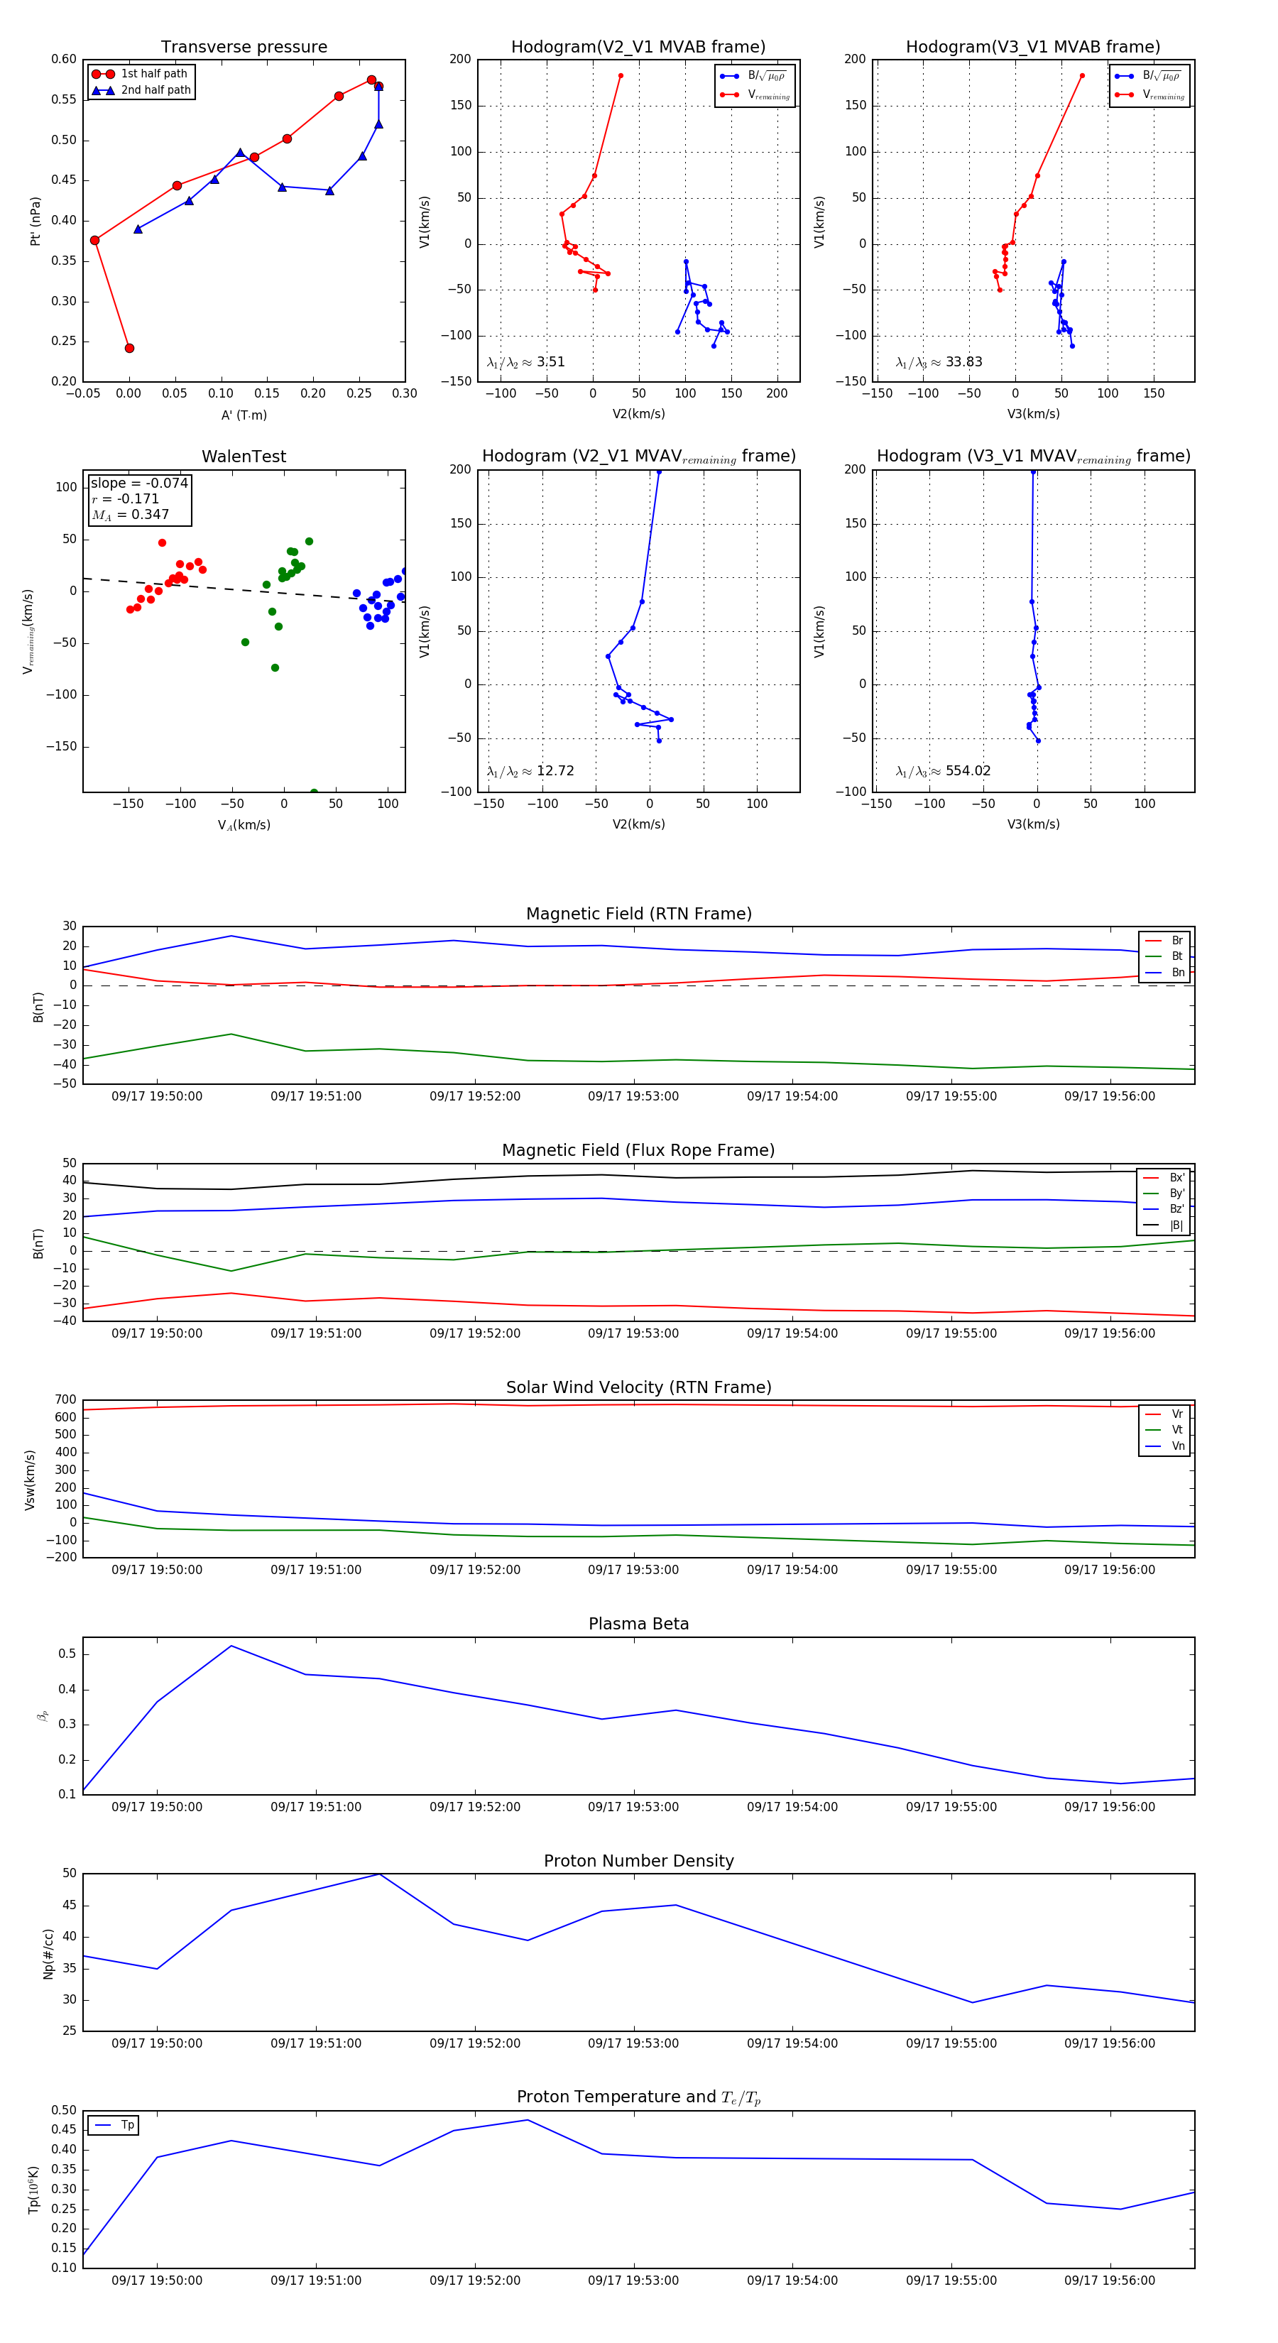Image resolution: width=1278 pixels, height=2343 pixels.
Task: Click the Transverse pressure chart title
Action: point(244,48)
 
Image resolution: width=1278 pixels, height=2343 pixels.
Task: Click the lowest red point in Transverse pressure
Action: point(129,349)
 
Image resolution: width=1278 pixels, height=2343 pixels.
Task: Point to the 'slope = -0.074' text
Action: point(139,483)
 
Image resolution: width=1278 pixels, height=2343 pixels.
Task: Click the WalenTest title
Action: point(244,457)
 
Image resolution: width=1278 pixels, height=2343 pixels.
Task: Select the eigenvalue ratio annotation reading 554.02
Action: point(944,771)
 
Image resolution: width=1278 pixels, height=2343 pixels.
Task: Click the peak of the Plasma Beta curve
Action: point(231,1646)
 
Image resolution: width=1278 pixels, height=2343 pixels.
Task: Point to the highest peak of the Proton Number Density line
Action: point(379,1874)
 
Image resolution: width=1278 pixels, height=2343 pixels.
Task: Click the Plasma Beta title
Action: point(638,1624)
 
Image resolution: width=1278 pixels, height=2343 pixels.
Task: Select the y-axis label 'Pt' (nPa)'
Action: point(35,221)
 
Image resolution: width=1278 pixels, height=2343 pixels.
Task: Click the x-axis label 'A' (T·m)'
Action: point(244,415)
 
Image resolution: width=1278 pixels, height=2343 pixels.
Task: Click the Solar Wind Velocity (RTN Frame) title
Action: point(638,1387)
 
